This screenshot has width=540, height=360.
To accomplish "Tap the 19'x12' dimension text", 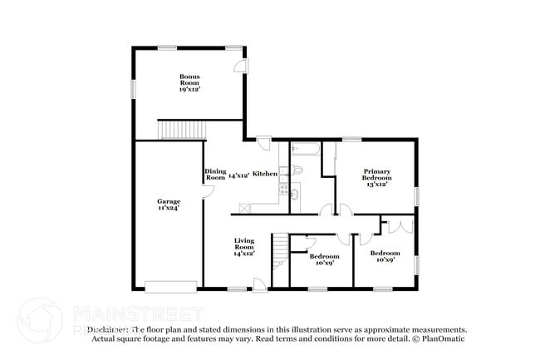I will [189, 88].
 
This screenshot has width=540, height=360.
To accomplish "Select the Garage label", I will [169, 201].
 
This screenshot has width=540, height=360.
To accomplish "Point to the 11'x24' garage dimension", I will [169, 208].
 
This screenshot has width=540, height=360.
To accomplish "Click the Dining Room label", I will [215, 175].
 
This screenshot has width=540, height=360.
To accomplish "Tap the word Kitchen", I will [265, 174].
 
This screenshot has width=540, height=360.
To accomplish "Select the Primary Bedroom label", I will [376, 174].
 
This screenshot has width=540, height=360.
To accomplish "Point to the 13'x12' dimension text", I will [376, 184].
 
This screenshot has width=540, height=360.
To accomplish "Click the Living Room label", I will [243, 244].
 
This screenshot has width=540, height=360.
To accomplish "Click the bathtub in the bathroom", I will [307, 152].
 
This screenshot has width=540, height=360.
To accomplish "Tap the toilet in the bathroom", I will [301, 170].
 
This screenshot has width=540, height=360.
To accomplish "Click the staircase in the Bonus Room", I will [175, 130].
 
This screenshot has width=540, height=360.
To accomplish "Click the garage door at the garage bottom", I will [169, 287].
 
